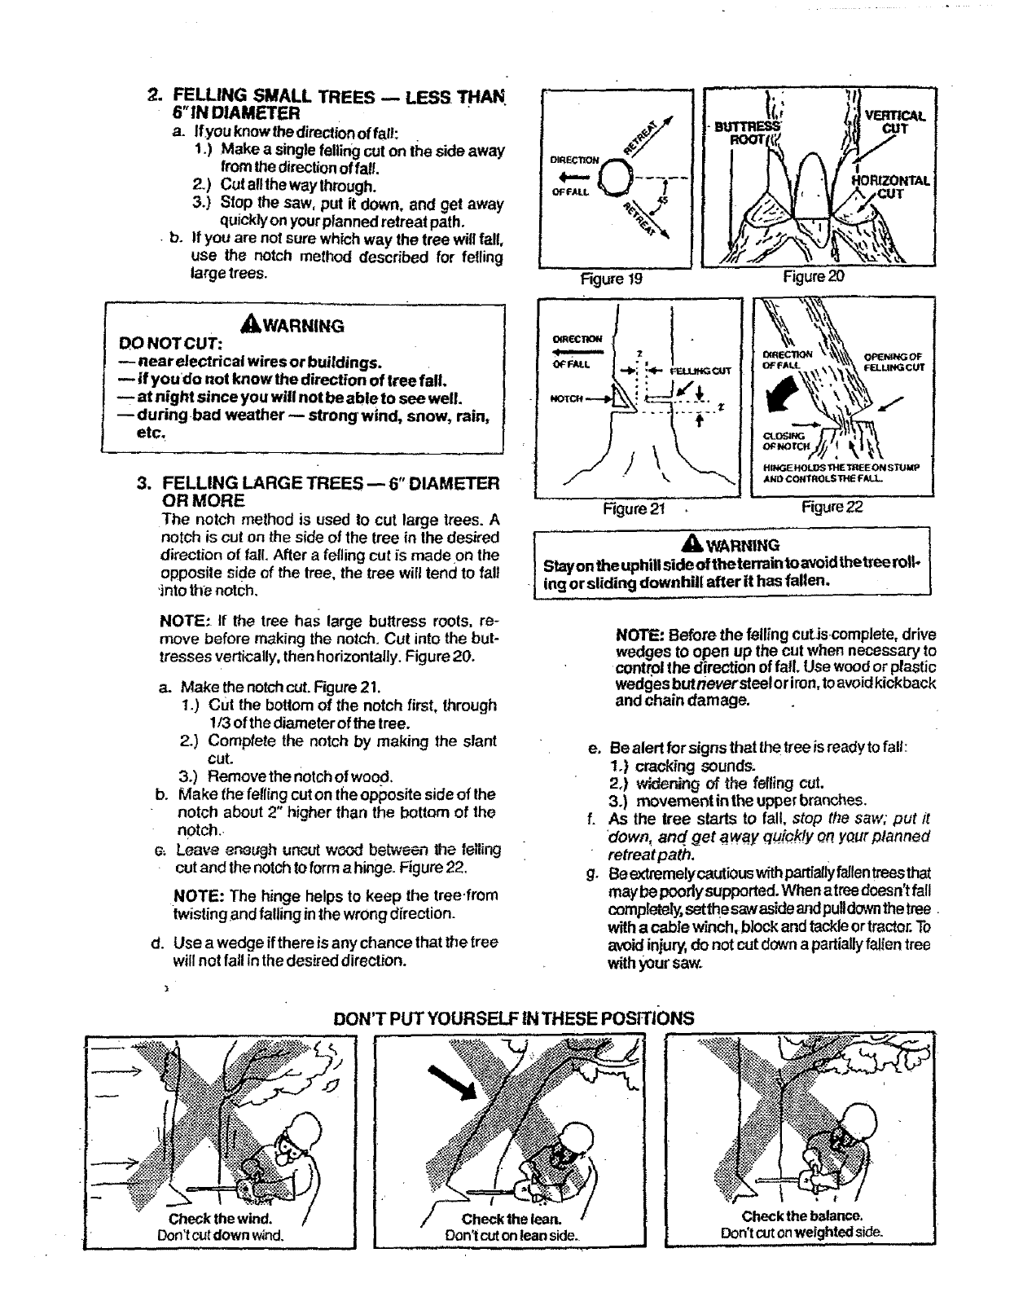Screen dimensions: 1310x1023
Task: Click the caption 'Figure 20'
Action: pyautogui.click(x=814, y=278)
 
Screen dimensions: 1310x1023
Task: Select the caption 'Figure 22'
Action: pyautogui.click(x=832, y=508)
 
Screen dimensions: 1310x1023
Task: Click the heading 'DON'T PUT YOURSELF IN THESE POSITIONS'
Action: pyautogui.click(x=514, y=1018)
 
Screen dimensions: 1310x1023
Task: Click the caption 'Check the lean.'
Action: pyautogui.click(x=511, y=1220)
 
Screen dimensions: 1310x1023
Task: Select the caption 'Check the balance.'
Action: pyautogui.click(x=801, y=1216)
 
